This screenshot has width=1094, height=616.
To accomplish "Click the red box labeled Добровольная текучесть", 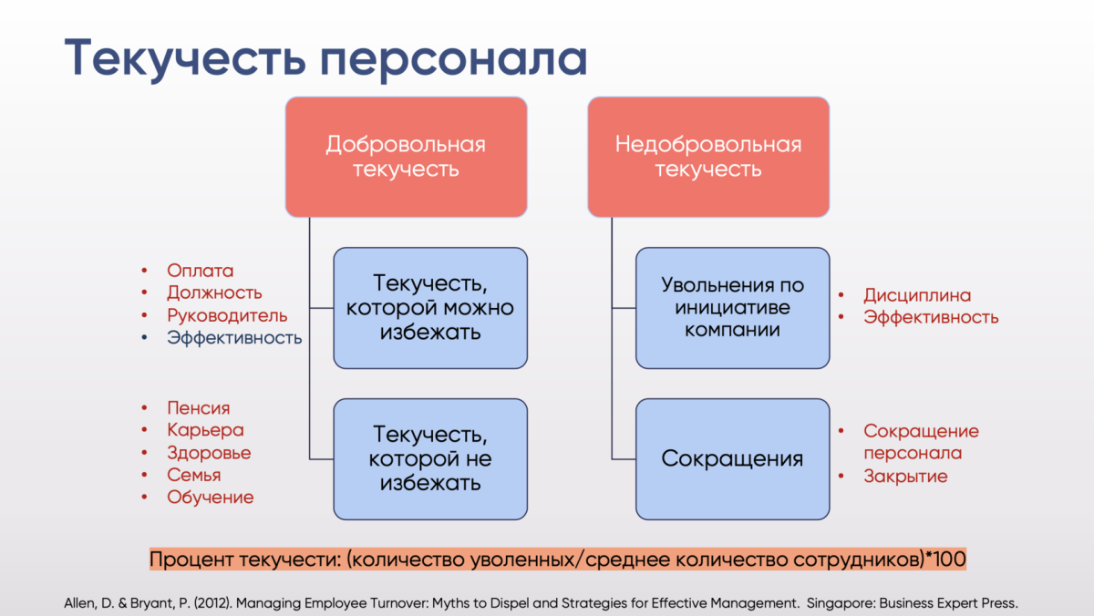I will [x=406, y=157].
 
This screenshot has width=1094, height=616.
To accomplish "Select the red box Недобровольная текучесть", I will [x=708, y=157].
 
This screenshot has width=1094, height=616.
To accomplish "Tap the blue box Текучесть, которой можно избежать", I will [x=430, y=307].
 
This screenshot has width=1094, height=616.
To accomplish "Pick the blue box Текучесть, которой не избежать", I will [x=430, y=458].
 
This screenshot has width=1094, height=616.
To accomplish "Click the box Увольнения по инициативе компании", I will [x=732, y=307].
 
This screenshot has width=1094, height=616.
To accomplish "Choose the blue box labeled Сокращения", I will [x=732, y=458].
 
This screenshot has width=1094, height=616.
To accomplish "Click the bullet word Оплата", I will [x=200, y=271].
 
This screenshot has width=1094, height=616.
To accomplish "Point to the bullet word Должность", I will [x=214, y=293].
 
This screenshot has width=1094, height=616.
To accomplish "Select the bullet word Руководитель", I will [x=227, y=315].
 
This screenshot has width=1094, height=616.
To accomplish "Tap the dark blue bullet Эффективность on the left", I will [x=233, y=338].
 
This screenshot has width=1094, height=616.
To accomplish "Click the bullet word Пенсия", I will [x=198, y=408].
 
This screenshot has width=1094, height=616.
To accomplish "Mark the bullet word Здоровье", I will [x=209, y=453].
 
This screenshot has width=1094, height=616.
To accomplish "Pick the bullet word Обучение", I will [x=210, y=498].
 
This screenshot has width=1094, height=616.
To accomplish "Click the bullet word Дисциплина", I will [x=917, y=295].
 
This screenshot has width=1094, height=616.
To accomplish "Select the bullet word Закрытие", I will [x=905, y=476].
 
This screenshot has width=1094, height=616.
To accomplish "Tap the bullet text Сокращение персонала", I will [x=920, y=442].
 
